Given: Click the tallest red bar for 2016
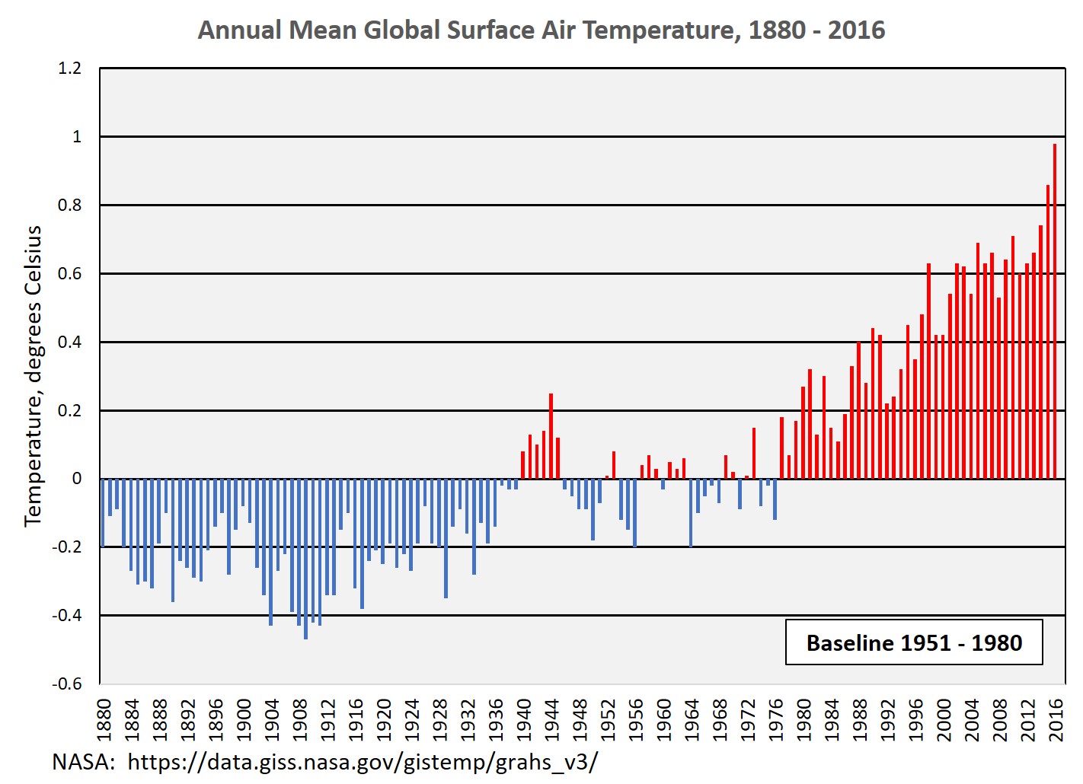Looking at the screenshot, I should [1055, 312].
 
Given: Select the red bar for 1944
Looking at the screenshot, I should [551, 436].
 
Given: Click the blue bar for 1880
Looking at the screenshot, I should [103, 512].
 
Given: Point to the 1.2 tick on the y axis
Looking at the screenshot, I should [69, 69].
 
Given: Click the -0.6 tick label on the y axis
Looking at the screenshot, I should [67, 684].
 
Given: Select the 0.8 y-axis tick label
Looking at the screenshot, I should [69, 205].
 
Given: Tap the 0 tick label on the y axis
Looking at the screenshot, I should [76, 479].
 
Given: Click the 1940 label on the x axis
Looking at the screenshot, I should [524, 720].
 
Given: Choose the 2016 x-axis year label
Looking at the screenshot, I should [1056, 720].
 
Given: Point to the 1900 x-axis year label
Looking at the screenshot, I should [244, 720].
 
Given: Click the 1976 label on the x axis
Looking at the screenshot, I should [776, 720].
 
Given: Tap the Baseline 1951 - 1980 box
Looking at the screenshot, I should [914, 643].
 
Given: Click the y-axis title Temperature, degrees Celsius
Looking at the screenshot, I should [33, 376].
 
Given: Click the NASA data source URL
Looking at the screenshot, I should [363, 761].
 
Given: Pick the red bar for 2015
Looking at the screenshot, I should [1048, 332].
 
